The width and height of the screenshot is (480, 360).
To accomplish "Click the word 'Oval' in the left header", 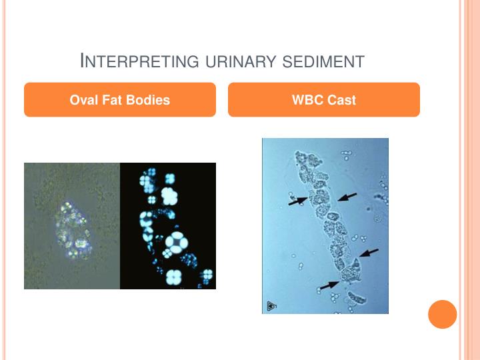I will [85, 100].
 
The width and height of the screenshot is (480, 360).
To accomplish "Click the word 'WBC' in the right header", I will [307, 100].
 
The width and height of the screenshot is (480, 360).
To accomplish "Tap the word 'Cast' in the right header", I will [341, 100].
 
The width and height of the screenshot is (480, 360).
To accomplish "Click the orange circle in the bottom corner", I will [442, 314].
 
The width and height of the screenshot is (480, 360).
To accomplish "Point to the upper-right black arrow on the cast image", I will [347, 196].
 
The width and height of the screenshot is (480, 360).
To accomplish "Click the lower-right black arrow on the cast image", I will [369, 253].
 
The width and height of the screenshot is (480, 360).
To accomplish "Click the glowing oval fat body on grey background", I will [75, 227].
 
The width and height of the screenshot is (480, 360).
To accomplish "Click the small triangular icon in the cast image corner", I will [271, 306].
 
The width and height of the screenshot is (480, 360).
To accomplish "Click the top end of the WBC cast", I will [307, 161].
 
